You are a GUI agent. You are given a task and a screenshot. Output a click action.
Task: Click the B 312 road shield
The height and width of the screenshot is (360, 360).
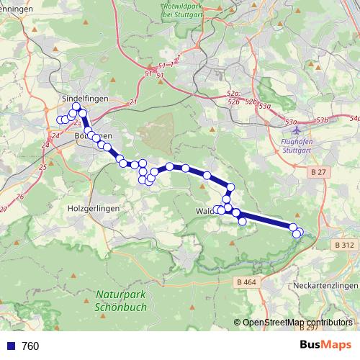pyautogui.click(x=344, y=246)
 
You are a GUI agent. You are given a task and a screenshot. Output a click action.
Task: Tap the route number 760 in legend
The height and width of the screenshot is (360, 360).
pyautogui.click(x=30, y=346)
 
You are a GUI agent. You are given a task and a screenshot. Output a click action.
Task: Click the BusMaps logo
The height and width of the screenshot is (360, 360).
pyautogui.click(x=325, y=346)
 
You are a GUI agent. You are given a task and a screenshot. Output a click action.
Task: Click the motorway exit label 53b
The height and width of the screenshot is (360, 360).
pyautogui.click(x=321, y=120)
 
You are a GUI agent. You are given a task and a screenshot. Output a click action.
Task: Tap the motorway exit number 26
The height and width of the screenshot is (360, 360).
pyautogui.click(x=19, y=196)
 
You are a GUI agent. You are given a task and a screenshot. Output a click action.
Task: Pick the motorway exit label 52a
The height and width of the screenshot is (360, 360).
pyautogui.click(x=232, y=94)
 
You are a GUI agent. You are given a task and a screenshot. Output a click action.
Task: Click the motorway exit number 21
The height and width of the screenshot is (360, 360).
pyautogui.click(x=133, y=103)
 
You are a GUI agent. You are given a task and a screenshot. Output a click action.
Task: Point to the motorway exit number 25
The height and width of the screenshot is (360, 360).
pyautogui.click(x=42, y=167)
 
